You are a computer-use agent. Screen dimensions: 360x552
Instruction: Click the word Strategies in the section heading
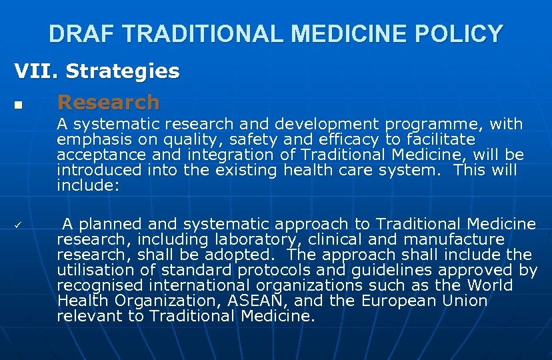point(123,71)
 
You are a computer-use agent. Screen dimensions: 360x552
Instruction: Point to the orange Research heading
point(109,102)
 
